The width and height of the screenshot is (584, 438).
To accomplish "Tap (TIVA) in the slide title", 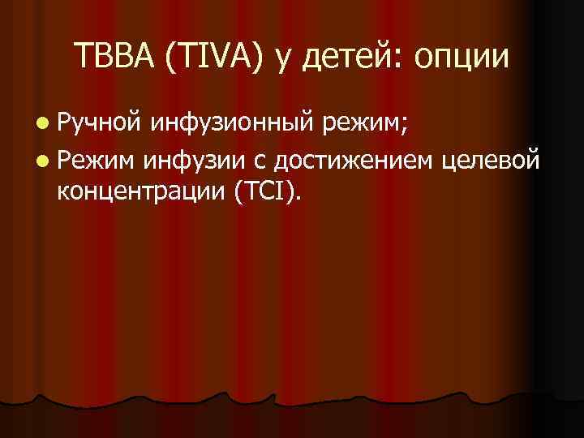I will point(214,56).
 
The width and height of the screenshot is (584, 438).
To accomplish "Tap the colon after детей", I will point(400,59).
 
